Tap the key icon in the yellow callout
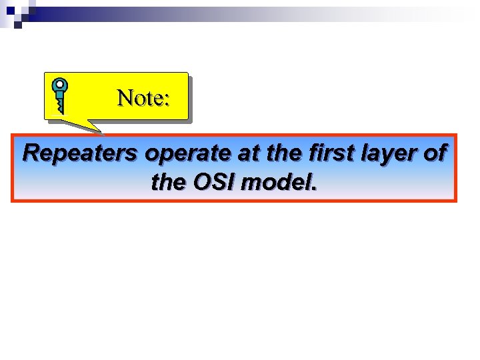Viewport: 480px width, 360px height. click(61, 95)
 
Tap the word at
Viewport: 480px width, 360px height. click(247, 153)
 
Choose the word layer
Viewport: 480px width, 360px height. click(390, 155)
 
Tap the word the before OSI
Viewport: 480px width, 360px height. click(168, 181)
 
